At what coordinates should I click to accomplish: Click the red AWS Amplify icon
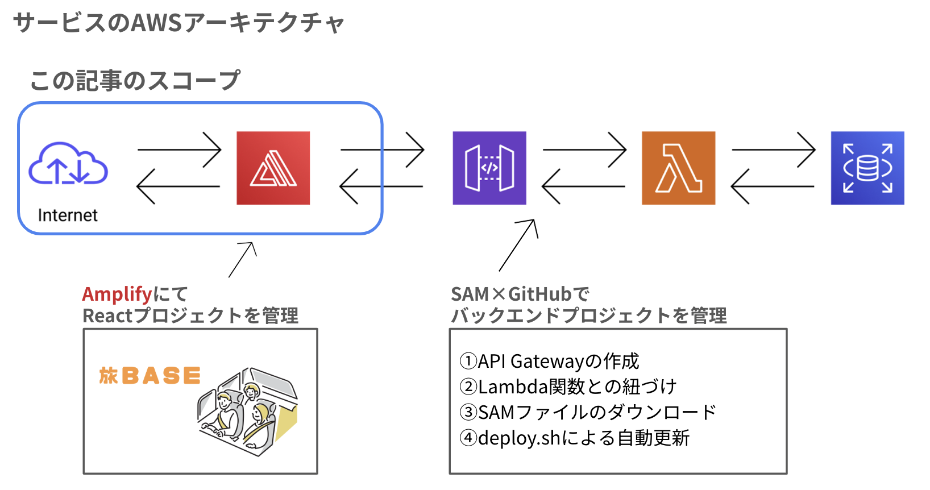(273, 168)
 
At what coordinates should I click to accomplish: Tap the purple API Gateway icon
(489, 168)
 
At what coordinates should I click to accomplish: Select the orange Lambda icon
(678, 168)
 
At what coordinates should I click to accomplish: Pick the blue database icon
(867, 168)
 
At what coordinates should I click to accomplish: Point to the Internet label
(68, 215)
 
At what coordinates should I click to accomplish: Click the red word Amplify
(117, 294)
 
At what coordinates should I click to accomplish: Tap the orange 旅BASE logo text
(150, 376)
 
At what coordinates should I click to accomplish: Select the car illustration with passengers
(248, 413)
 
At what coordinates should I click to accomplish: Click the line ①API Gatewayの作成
(549, 361)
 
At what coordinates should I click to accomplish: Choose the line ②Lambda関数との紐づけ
(568, 387)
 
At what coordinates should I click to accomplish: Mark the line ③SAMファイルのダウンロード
(588, 412)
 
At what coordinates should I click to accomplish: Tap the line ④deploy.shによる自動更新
(574, 438)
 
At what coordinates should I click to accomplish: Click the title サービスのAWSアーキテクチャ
(178, 23)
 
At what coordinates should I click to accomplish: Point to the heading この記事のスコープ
(135, 80)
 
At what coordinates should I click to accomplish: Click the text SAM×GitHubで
(520, 294)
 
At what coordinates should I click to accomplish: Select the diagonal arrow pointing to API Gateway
(517, 246)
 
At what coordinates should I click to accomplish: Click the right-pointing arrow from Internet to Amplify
(179, 150)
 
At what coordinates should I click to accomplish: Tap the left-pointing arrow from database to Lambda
(772, 186)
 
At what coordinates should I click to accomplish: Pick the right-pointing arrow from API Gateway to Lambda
(584, 150)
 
